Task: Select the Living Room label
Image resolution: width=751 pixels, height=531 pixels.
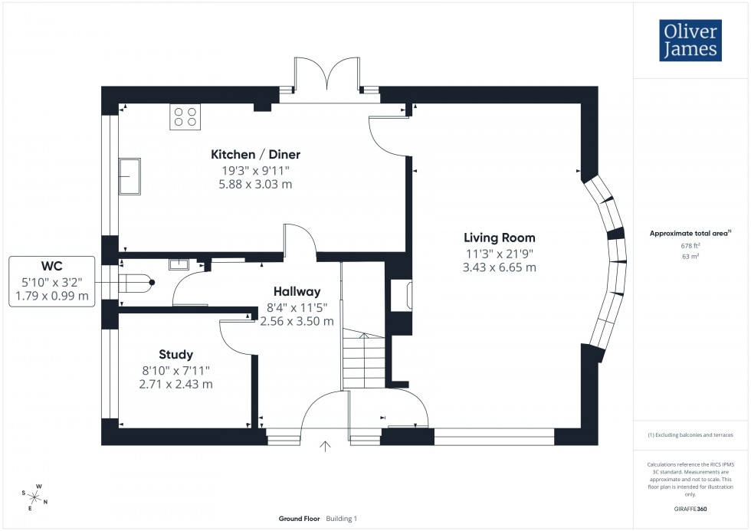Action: click(x=499, y=238)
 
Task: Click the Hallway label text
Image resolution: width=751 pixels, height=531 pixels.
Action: click(x=297, y=292)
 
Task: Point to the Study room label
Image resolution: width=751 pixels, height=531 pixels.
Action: click(x=175, y=355)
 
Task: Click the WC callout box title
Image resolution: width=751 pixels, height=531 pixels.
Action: click(x=51, y=266)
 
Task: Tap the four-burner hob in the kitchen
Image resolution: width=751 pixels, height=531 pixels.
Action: click(x=185, y=116)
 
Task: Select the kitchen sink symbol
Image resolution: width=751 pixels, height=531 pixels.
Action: click(x=130, y=177)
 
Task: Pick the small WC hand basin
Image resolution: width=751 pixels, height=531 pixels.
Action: click(x=179, y=264)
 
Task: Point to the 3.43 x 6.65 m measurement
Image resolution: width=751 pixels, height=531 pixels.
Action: click(x=499, y=267)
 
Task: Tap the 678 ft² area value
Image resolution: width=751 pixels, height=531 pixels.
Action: click(x=690, y=245)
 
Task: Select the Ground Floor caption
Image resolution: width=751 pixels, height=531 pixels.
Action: click(x=300, y=519)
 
